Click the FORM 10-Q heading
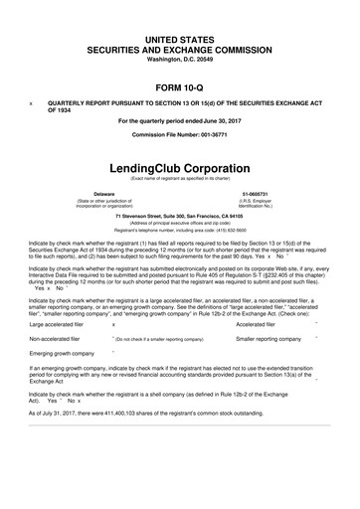coord(180,87)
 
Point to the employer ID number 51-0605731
coord(258,192)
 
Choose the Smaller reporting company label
coord(268,339)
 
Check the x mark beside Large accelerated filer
coord(113,324)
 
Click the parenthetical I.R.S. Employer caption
coord(258,201)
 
